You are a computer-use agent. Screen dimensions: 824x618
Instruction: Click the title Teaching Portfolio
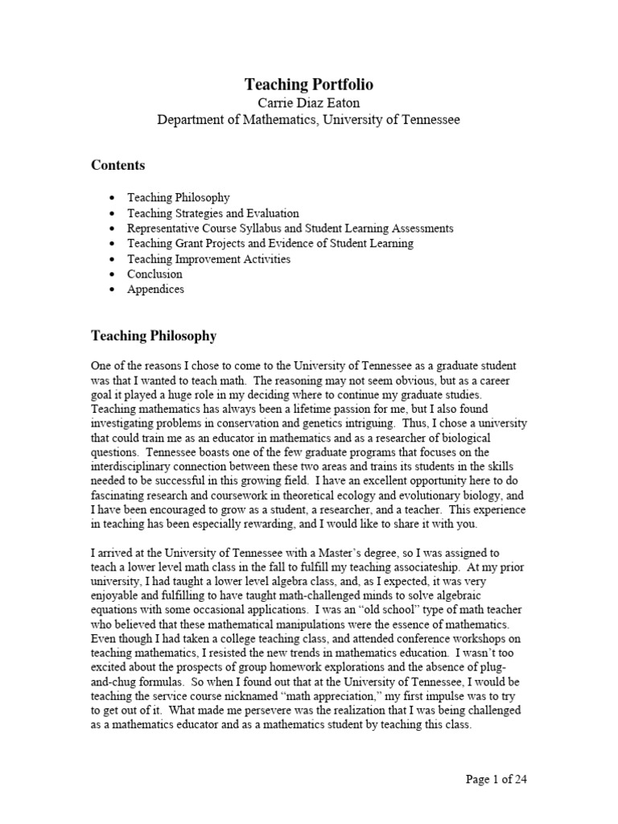(x=308, y=84)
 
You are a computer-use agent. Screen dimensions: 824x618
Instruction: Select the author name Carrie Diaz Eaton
(x=308, y=103)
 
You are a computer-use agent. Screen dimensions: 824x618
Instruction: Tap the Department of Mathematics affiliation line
(x=308, y=120)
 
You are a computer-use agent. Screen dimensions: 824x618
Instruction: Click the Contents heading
(x=117, y=165)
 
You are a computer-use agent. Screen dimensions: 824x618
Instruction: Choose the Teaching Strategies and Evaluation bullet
(x=212, y=213)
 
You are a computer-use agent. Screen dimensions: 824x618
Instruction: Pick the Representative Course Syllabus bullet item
(x=290, y=229)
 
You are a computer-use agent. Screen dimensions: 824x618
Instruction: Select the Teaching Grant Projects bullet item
(x=270, y=244)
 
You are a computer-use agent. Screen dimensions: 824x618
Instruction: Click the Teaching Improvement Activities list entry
(x=208, y=259)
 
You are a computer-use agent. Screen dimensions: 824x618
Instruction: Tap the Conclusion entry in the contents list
(x=154, y=274)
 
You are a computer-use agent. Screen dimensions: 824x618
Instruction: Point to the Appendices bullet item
(x=155, y=290)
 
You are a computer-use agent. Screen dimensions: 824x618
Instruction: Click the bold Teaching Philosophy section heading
(x=153, y=335)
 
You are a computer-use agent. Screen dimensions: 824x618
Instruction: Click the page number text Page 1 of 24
(x=496, y=779)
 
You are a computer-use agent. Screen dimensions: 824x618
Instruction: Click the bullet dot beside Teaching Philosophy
(x=111, y=198)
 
